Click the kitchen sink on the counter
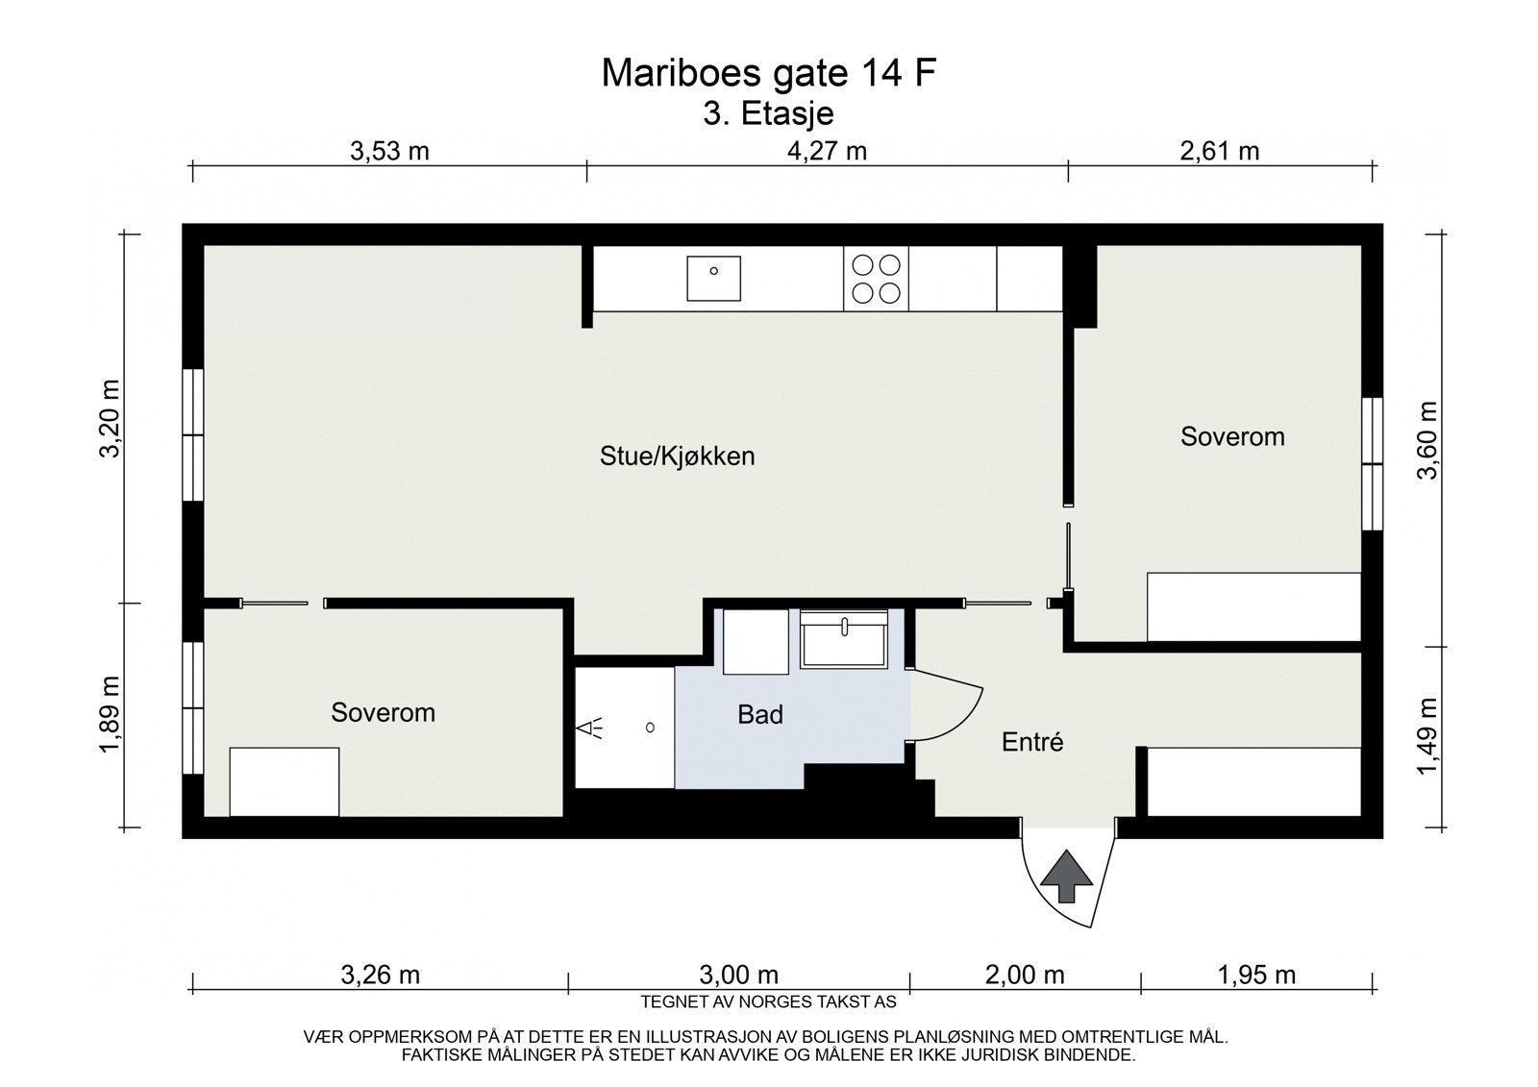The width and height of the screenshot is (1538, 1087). tap(713, 278)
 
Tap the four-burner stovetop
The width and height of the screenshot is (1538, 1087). tap(876, 278)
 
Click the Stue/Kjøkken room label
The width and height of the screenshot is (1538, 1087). tap(677, 456)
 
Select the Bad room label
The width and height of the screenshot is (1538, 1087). tap(760, 714)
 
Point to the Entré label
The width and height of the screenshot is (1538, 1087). tap(1032, 742)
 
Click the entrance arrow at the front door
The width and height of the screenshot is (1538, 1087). tap(1066, 876)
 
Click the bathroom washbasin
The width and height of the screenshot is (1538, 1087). tap(845, 639)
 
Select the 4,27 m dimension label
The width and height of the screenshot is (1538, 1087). tap(827, 151)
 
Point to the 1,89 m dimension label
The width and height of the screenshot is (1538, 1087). tap(112, 715)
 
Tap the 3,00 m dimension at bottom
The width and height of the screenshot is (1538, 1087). tap(738, 975)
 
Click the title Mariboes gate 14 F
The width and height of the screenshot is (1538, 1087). tap(768, 73)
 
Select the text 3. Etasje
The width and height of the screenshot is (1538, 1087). tap(768, 113)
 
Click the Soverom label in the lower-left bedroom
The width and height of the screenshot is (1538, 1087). tap(383, 712)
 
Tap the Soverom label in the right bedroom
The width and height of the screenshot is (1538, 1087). tap(1232, 436)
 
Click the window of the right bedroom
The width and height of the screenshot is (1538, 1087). tap(1372, 463)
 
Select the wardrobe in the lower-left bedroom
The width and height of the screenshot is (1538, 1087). tap(285, 781)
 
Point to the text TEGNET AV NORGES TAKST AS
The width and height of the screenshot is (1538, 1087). tap(768, 1001)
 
